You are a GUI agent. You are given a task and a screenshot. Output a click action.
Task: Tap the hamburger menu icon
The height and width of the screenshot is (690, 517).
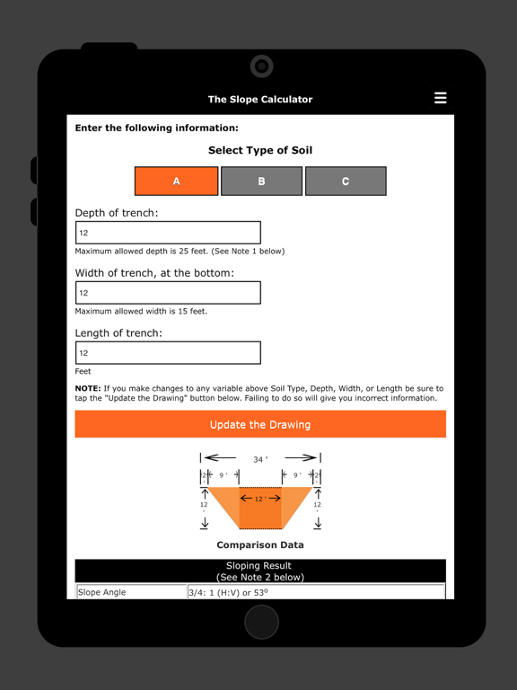click(x=440, y=98)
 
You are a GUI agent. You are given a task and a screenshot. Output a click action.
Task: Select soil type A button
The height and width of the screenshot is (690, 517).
click(x=177, y=181)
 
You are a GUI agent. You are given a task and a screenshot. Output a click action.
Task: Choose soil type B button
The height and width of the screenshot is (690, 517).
click(x=261, y=181)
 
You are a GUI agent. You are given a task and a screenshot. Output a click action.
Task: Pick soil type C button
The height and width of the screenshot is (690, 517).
click(x=346, y=181)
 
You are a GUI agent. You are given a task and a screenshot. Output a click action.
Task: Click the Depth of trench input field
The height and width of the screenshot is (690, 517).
click(x=168, y=233)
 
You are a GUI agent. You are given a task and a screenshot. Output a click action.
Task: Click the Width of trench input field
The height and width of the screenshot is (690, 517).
click(x=168, y=293)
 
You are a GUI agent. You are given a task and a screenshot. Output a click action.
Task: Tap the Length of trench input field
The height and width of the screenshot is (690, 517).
click(x=168, y=353)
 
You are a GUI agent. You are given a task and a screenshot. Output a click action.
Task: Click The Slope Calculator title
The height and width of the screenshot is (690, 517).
click(x=260, y=100)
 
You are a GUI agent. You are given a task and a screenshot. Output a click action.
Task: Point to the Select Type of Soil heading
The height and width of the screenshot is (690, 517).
click(x=260, y=150)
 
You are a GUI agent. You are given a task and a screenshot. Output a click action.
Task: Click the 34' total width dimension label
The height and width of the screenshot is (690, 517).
click(x=259, y=459)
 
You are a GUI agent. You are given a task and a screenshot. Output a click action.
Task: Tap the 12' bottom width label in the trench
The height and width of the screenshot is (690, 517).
click(x=259, y=498)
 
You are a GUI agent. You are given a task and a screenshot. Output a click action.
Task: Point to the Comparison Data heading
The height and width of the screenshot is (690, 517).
click(x=259, y=544)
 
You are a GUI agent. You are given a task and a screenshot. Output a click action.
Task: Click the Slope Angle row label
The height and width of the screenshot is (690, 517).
click(x=102, y=593)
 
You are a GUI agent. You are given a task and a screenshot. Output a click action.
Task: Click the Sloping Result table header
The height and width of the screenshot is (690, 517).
click(x=259, y=571)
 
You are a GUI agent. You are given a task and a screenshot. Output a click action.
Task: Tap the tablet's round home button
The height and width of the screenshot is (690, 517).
click(x=261, y=623)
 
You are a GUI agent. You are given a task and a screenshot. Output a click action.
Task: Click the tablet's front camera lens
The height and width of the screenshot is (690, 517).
click(x=261, y=66)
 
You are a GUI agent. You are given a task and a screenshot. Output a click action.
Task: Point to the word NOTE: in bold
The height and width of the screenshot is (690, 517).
click(x=88, y=388)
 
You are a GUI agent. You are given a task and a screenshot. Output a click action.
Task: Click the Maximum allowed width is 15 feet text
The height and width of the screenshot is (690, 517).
click(x=141, y=312)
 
